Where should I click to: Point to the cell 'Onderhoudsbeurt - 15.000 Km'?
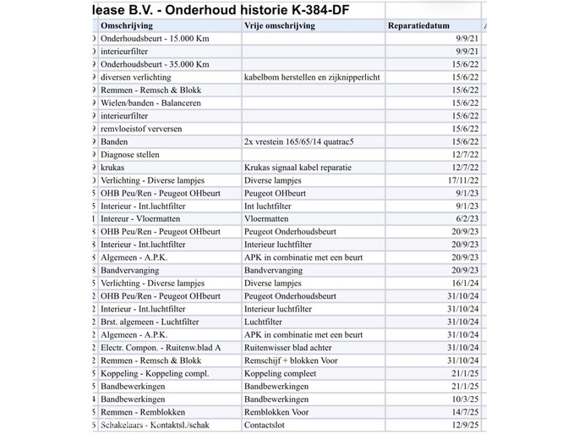pyautogui.click(x=155, y=39)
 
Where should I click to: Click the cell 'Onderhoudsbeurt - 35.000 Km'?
pyautogui.click(x=155, y=64)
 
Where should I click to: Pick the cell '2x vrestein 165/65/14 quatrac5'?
pyautogui.click(x=298, y=141)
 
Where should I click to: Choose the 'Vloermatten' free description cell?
pyautogui.click(x=266, y=218)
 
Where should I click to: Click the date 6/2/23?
pyautogui.click(x=466, y=218)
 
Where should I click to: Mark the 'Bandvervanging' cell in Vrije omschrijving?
pyautogui.click(x=273, y=270)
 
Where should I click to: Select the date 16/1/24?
pyautogui.click(x=464, y=283)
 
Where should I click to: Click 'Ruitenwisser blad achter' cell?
pyautogui.click(x=288, y=347)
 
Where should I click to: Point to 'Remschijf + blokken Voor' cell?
pyautogui.click(x=289, y=360)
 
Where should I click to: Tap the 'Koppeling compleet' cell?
pyautogui.click(x=280, y=373)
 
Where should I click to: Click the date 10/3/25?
pyautogui.click(x=464, y=399)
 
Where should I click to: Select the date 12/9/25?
pyautogui.click(x=464, y=424)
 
